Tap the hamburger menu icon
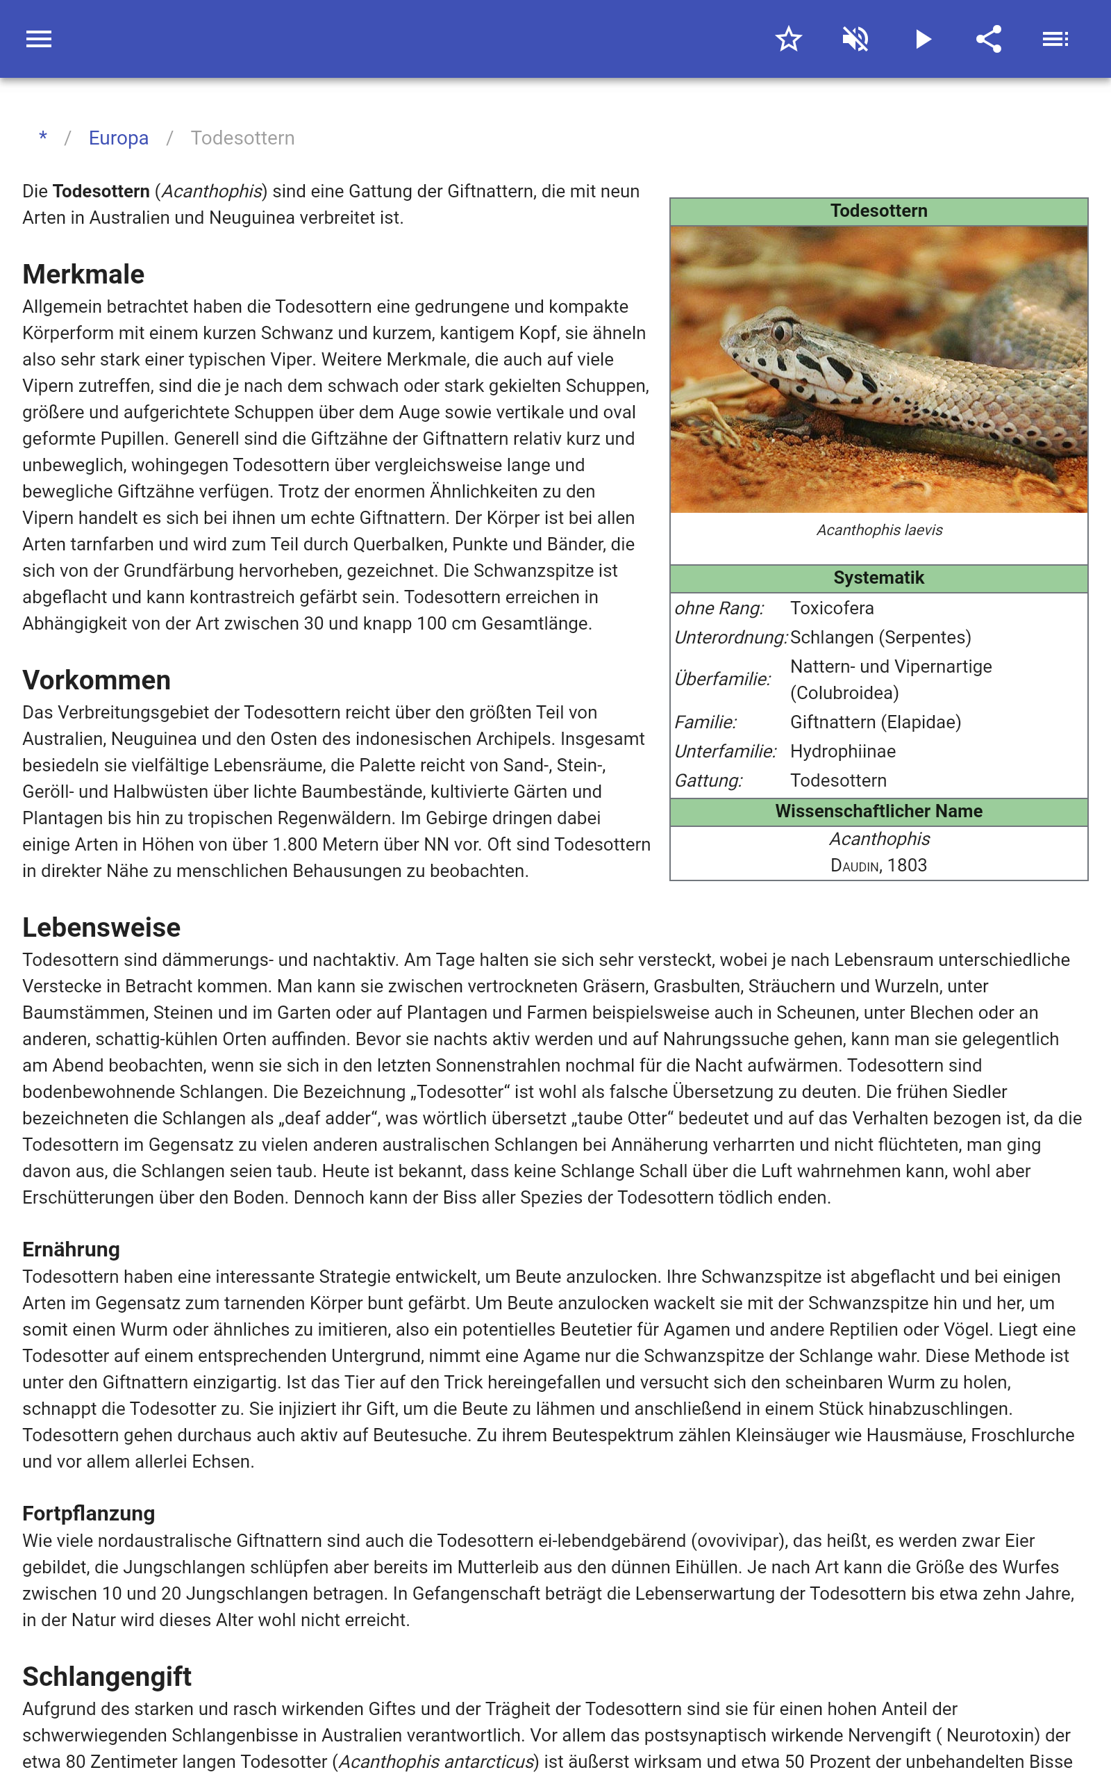click(39, 39)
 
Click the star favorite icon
click(788, 39)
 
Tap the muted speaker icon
click(855, 39)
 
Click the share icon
click(989, 39)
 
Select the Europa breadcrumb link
click(118, 138)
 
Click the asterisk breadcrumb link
click(43, 138)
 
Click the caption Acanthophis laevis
click(879, 530)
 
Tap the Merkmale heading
click(83, 274)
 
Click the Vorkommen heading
click(97, 680)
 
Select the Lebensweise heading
click(101, 928)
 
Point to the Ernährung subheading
click(72, 1249)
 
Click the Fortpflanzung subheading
click(89, 1513)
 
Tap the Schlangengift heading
click(106, 1677)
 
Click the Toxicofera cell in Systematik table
click(832, 608)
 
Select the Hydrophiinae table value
click(843, 751)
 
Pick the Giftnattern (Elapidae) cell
click(875, 722)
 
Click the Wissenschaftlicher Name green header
click(878, 811)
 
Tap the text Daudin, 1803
click(878, 865)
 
